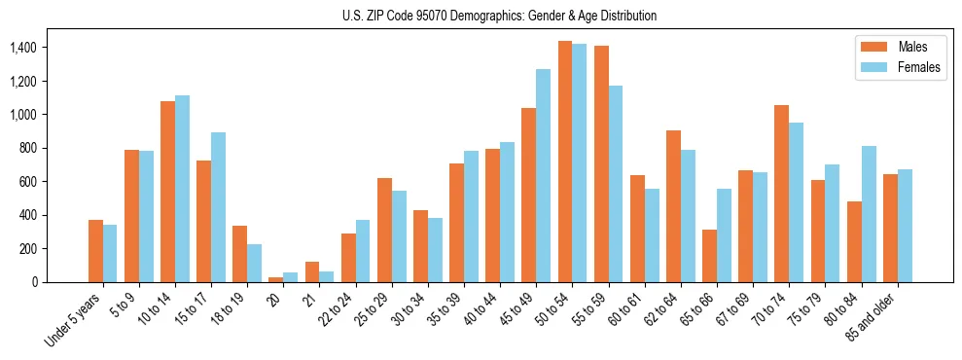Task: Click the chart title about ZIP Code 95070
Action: pyautogui.click(x=499, y=16)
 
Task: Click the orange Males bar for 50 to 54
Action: pyautogui.click(x=565, y=162)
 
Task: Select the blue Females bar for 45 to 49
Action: pyautogui.click(x=543, y=175)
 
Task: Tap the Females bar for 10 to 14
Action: pyautogui.click(x=182, y=189)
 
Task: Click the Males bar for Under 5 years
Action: pyautogui.click(x=95, y=251)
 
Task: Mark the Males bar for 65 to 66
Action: pyautogui.click(x=709, y=256)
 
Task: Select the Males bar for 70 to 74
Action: pyautogui.click(x=781, y=194)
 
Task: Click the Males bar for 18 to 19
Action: pyautogui.click(x=239, y=254)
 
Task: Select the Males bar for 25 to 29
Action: pyautogui.click(x=384, y=230)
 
